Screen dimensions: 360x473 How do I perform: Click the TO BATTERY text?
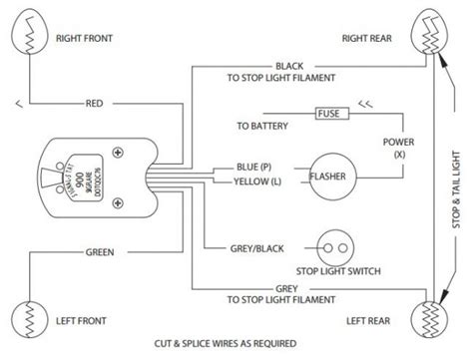pos(265,127)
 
